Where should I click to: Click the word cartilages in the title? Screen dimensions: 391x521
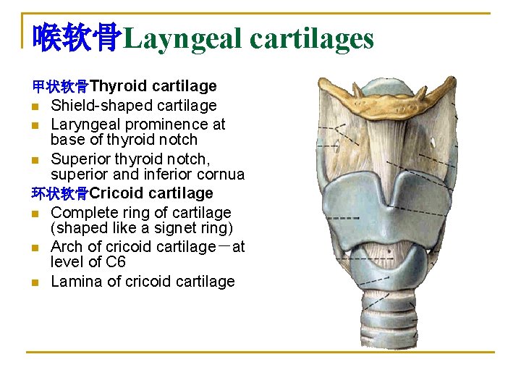tap(312, 38)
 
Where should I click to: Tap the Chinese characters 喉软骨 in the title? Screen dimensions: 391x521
tap(77, 38)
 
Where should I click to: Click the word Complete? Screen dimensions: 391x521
tap(81, 213)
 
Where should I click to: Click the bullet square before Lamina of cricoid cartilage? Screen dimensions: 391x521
tap(35, 282)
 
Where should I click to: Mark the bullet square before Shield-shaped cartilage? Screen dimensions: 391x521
tap(35, 106)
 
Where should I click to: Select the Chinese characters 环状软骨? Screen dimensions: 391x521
tap(60, 193)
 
